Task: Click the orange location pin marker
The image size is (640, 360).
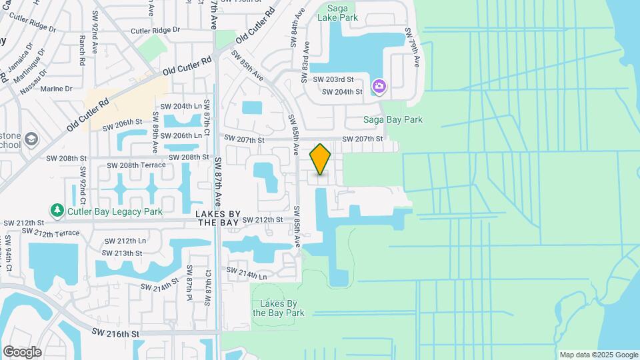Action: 321,159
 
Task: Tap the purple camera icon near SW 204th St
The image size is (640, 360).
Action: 379,85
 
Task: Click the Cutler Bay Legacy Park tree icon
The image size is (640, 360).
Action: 58,211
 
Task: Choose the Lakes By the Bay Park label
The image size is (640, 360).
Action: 278,308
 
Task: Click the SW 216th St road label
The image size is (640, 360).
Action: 115,333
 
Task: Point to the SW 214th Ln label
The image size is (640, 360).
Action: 247,273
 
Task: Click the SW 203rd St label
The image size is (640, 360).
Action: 337,79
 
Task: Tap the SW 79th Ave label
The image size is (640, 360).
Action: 415,49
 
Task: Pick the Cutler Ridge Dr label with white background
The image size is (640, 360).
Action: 155,30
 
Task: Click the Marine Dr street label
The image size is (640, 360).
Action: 56,89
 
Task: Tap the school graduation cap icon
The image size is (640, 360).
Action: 33,139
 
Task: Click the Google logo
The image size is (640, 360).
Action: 22,351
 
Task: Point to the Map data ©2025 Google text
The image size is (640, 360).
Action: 599,355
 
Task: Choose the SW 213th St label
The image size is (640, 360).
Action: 123,253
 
